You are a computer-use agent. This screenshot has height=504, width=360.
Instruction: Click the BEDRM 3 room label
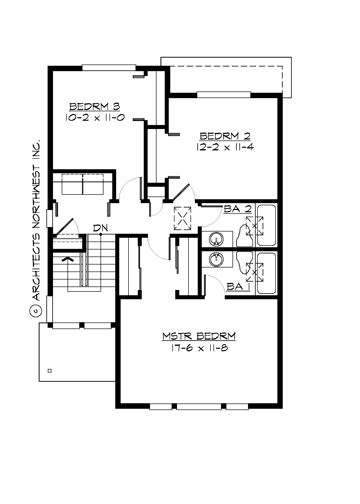pyautogui.click(x=94, y=105)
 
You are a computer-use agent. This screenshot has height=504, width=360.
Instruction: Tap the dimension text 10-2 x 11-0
pyautogui.click(x=94, y=117)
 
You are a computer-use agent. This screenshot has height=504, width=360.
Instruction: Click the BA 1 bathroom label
pyautogui.click(x=236, y=287)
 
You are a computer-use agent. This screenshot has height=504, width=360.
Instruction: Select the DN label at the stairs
pyautogui.click(x=101, y=228)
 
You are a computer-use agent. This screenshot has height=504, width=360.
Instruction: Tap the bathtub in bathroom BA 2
pyautogui.click(x=265, y=224)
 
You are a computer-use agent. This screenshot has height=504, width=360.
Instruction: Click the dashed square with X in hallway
pyautogui.click(x=182, y=219)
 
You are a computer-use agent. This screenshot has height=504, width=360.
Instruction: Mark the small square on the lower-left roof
pyautogui.click(x=48, y=369)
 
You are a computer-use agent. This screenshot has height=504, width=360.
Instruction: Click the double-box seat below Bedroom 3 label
pyautogui.click(x=79, y=186)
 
